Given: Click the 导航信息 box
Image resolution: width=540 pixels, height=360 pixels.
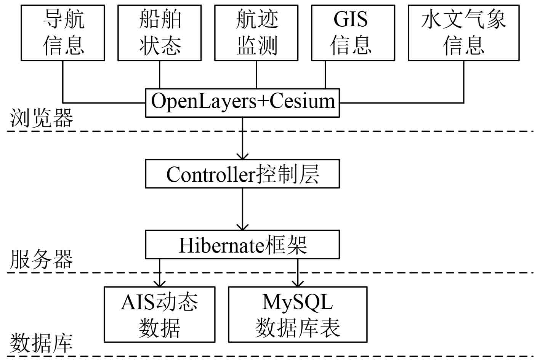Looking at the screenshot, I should (x=63, y=33).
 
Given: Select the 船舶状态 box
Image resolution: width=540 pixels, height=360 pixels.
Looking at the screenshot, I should (x=160, y=33).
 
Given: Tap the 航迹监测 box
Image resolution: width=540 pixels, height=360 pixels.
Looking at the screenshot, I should (x=256, y=33).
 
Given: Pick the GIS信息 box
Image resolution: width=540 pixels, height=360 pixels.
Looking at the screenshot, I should (x=353, y=33).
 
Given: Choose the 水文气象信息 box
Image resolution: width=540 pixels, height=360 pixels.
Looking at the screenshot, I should (x=463, y=33).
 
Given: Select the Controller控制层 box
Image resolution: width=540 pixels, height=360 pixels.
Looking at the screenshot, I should (x=242, y=174).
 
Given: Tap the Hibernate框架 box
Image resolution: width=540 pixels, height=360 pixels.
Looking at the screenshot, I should (x=242, y=245).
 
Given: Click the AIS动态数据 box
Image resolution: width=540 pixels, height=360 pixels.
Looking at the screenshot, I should (x=160, y=314).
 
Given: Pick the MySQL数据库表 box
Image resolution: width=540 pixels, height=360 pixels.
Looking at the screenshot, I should (x=298, y=314).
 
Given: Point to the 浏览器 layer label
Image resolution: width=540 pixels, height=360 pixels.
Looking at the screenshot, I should (x=42, y=118).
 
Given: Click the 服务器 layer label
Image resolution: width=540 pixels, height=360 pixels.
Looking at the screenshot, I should (x=42, y=260).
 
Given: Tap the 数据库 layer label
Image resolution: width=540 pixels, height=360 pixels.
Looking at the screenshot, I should (x=42, y=343).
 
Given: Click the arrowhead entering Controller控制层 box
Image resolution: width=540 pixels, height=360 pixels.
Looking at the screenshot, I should (x=242, y=157).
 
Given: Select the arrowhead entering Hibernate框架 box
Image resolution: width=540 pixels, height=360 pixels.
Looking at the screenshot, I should (x=242, y=227).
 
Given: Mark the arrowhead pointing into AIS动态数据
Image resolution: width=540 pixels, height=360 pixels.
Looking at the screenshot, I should (x=160, y=283).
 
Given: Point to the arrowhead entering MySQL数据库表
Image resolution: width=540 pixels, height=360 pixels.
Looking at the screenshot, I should (x=298, y=283).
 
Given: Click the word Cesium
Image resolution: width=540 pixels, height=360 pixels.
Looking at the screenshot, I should (x=302, y=101).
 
